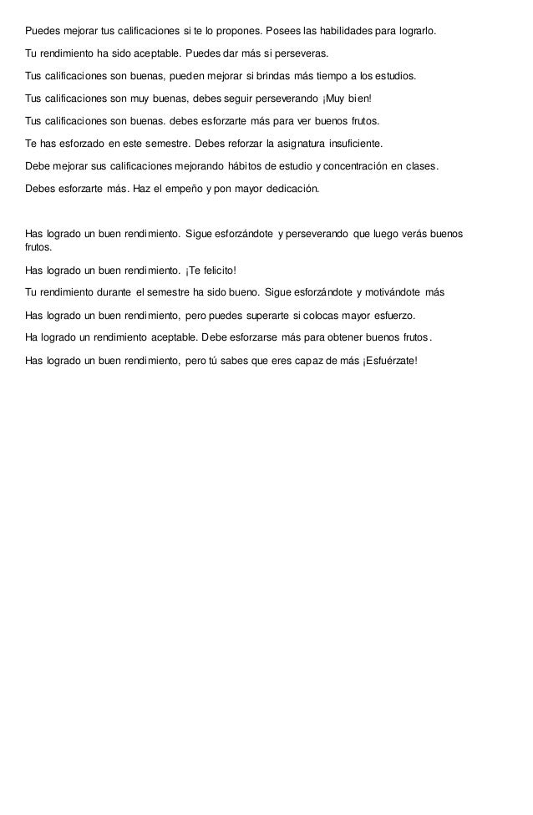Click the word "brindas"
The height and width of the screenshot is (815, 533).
[x=293, y=76]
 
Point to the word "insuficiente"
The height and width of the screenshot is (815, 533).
[x=351, y=144]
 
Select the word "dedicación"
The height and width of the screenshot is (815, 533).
[x=288, y=189]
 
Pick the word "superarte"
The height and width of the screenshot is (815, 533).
[x=269, y=316]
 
